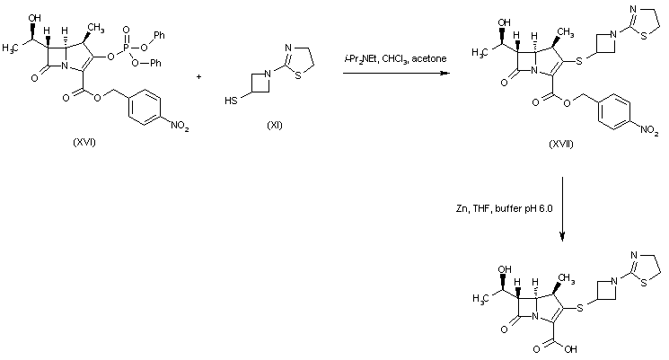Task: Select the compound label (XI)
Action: tap(274, 124)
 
